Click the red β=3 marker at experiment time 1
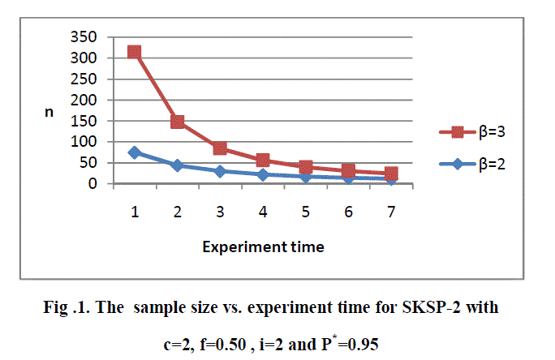point(135,52)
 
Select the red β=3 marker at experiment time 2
point(177,122)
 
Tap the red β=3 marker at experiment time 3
point(220,148)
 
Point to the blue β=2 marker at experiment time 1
point(135,152)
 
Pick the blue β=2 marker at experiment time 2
point(177,165)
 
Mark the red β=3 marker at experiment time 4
point(263,161)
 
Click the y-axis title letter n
point(49,113)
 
